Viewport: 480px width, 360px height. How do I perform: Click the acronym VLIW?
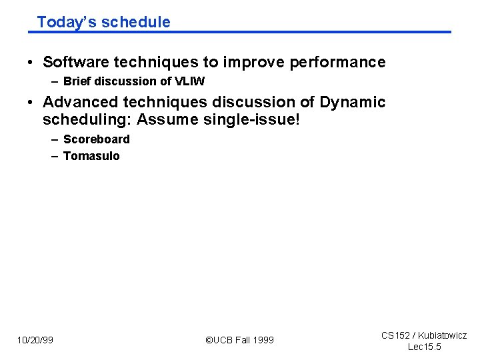tap(189, 82)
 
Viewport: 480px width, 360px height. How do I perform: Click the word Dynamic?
tap(352, 103)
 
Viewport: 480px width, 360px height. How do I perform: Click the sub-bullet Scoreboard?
tap(96, 139)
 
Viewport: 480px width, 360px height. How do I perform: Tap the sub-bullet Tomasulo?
tap(91, 156)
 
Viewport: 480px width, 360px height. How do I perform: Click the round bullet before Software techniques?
tap(31, 63)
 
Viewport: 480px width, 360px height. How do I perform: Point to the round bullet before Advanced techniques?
tap(31, 103)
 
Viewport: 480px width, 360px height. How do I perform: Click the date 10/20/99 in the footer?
tap(35, 340)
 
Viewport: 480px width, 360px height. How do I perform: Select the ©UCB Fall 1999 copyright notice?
tap(239, 340)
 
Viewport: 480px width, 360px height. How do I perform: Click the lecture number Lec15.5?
tap(424, 347)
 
